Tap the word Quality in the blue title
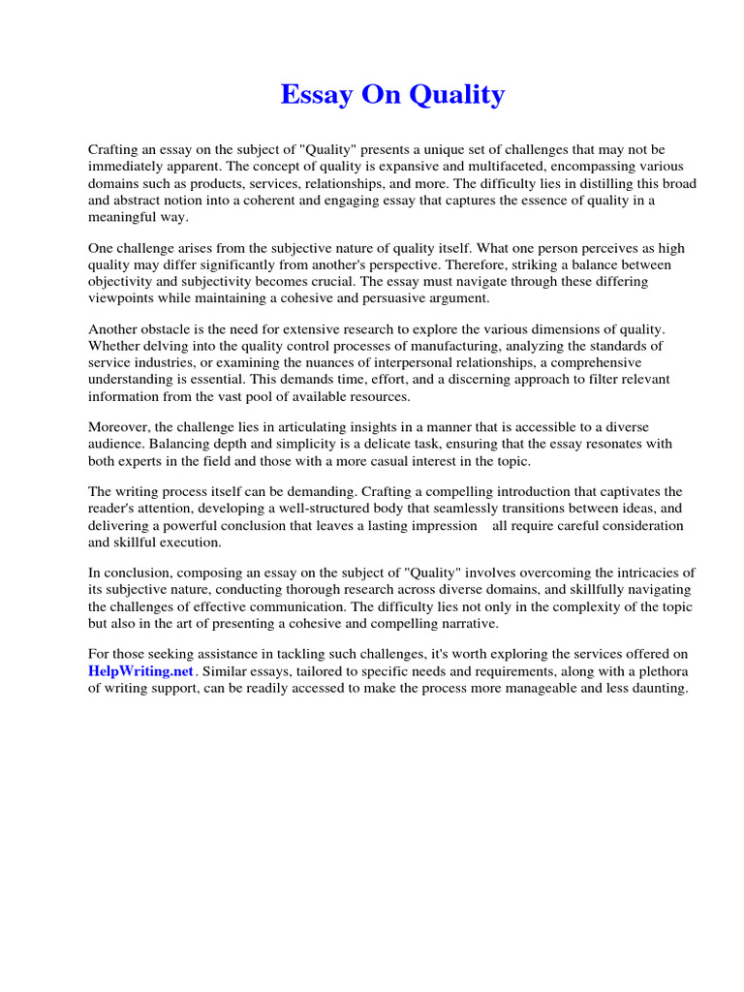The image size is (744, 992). tap(457, 95)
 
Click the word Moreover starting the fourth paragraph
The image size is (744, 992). tap(120, 427)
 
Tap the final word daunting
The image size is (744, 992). tap(654, 689)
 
